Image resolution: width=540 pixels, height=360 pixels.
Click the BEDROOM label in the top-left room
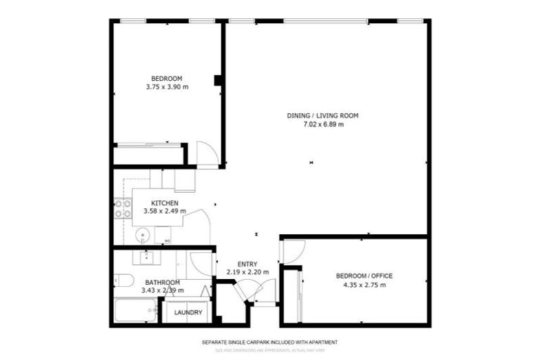[167, 78]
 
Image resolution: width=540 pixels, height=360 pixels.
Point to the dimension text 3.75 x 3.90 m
[167, 87]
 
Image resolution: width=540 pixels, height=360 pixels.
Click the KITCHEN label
[155, 202]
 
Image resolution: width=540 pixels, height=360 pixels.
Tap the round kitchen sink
[143, 234]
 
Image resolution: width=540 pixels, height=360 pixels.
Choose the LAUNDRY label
[188, 313]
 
